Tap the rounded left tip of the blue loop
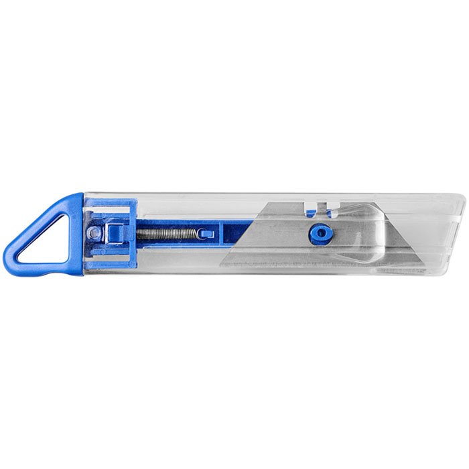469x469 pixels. pos(8,255)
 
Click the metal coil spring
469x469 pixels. pos(167,234)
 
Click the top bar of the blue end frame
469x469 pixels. pos(111,202)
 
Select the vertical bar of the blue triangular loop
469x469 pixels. pos(76,231)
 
